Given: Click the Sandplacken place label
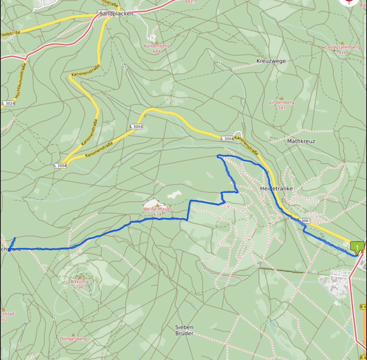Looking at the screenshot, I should [116, 14].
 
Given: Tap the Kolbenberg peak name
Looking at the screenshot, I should [156, 46].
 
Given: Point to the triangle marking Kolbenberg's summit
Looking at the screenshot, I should [156, 42].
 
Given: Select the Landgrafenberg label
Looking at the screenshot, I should [342, 47].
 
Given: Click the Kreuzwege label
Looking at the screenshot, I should [271, 61].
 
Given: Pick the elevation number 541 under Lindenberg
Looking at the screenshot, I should [282, 108].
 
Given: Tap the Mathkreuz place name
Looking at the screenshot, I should [301, 141].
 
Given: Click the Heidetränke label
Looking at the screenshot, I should [276, 188].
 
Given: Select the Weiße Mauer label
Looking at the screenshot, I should [157, 209].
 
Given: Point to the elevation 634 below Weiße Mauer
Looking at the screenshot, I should [157, 215].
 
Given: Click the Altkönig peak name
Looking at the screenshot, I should [80, 282].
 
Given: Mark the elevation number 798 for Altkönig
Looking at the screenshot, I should [80, 287].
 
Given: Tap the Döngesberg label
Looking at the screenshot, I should [73, 339].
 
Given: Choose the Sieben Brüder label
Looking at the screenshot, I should [184, 330].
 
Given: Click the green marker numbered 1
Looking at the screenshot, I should [357, 247].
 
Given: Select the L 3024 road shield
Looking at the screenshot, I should [8, 103].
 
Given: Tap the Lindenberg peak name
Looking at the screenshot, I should [282, 102].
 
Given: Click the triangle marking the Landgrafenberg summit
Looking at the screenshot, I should [342, 43].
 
